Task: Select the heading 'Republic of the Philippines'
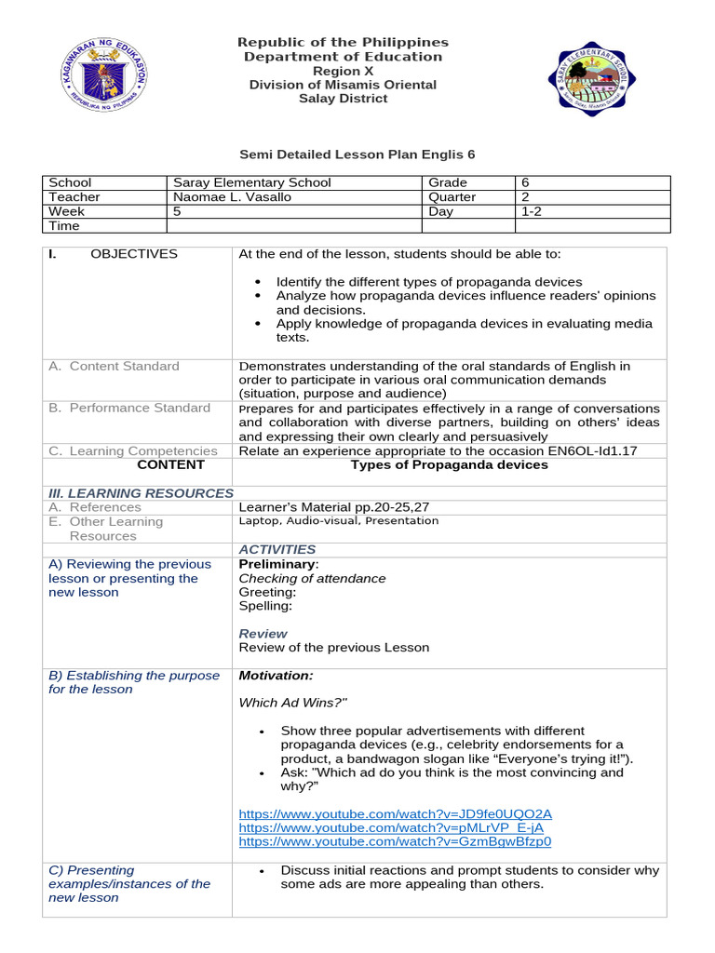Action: pos(343,43)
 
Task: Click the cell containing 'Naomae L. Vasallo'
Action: pos(228,197)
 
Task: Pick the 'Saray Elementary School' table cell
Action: pos(252,183)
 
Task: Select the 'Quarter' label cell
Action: pos(452,197)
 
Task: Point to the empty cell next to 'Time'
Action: pos(293,225)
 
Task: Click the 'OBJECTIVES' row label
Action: pos(133,254)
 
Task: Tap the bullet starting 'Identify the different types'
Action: pos(428,282)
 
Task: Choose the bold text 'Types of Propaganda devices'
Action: pos(449,464)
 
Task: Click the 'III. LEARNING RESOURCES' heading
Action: pos(141,493)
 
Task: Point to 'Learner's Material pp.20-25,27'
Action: pos(333,507)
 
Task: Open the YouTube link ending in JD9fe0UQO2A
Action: pos(395,813)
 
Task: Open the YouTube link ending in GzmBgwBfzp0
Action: pos(395,841)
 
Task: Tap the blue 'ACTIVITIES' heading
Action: pos(277,550)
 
